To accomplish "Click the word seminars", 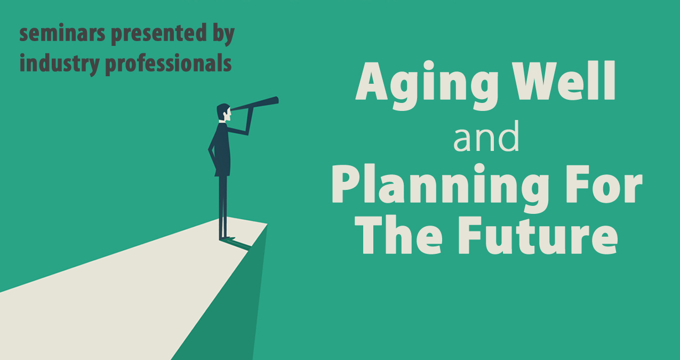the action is (62, 33).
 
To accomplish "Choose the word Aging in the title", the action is (427, 85).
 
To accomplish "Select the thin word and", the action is (486, 137).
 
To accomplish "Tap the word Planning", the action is (440, 188).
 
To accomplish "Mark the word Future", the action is (538, 235).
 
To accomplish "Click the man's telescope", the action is (254, 104).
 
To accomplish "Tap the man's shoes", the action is (227, 238).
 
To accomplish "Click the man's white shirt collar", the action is (222, 122).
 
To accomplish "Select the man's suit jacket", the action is (223, 149).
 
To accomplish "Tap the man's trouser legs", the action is (223, 206).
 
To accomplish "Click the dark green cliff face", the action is (231, 303).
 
